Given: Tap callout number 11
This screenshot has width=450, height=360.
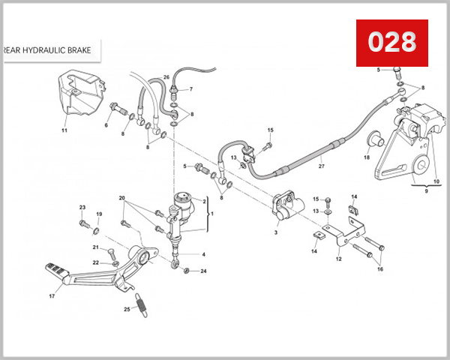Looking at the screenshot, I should [64, 130].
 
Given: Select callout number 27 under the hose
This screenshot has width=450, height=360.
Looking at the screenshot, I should [321, 166].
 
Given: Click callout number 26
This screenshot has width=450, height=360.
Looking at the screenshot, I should [166, 77].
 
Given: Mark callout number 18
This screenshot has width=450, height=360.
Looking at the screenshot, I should [367, 157].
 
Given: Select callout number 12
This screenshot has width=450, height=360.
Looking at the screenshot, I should [338, 259].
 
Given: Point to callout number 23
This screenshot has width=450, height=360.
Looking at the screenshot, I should [82, 207].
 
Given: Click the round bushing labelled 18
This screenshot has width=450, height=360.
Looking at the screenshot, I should [373, 140].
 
